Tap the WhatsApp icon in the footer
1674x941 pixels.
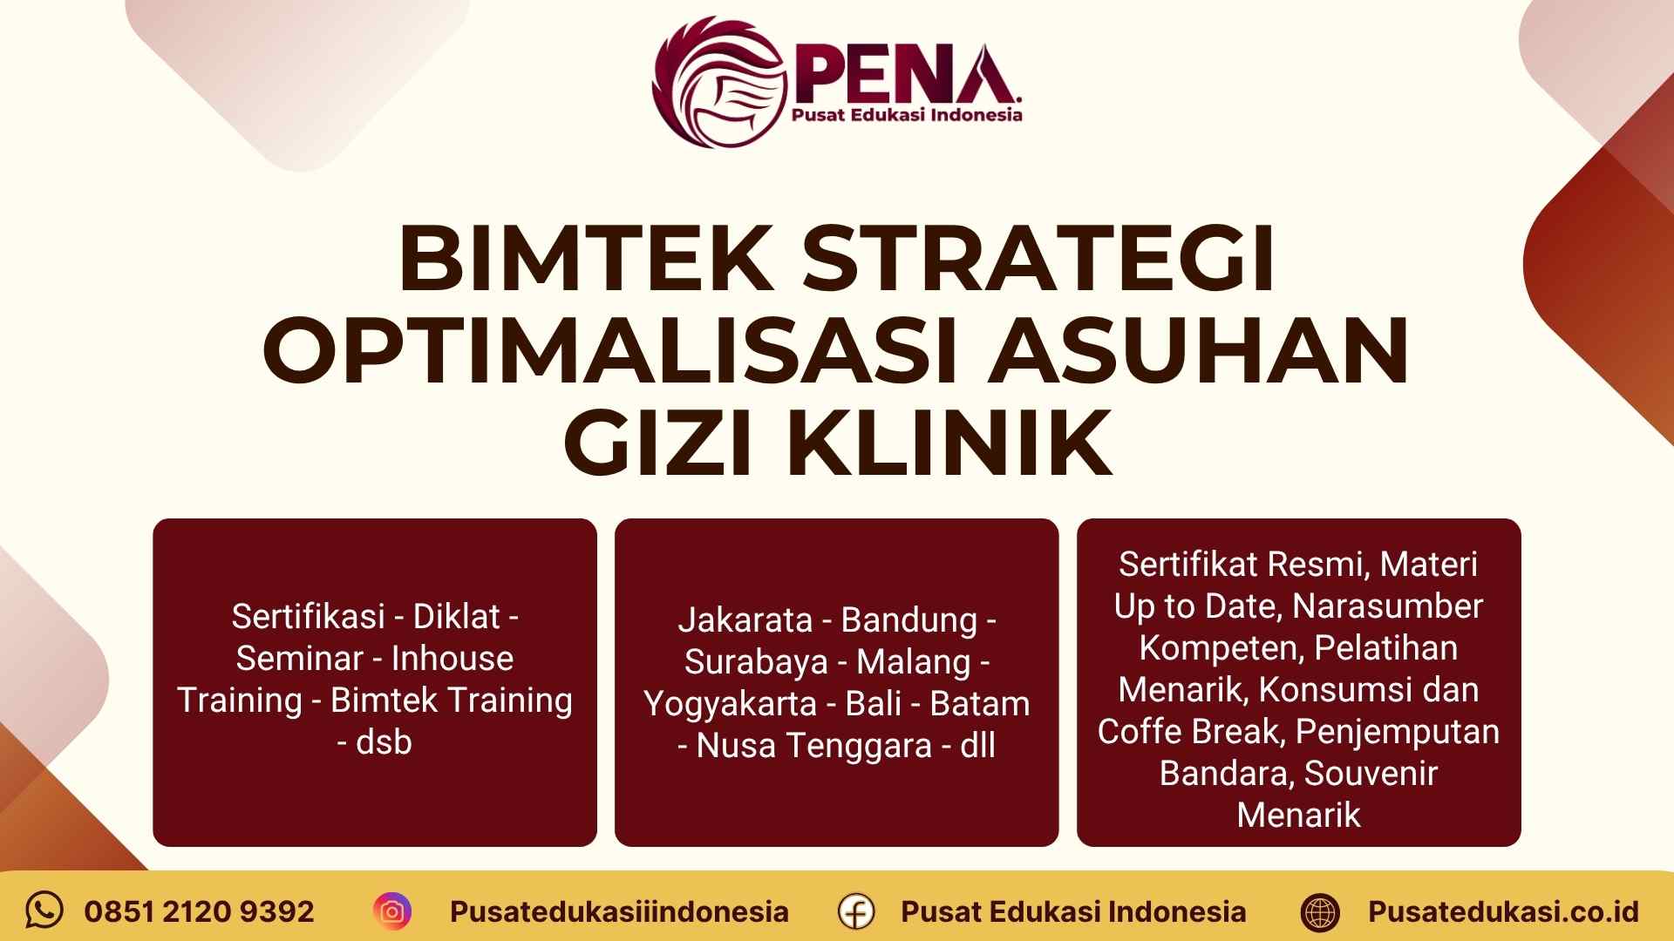point(44,911)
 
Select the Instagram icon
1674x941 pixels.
point(392,911)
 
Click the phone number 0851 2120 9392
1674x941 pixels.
point(199,911)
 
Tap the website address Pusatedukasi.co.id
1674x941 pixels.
point(1503,911)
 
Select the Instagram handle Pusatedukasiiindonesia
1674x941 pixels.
point(619,911)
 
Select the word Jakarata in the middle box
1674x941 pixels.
point(745,620)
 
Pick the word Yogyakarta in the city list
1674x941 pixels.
point(731,704)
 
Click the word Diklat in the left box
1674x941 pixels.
point(457,617)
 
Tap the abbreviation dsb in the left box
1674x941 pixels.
point(384,742)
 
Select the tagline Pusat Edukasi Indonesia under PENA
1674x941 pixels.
point(906,115)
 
